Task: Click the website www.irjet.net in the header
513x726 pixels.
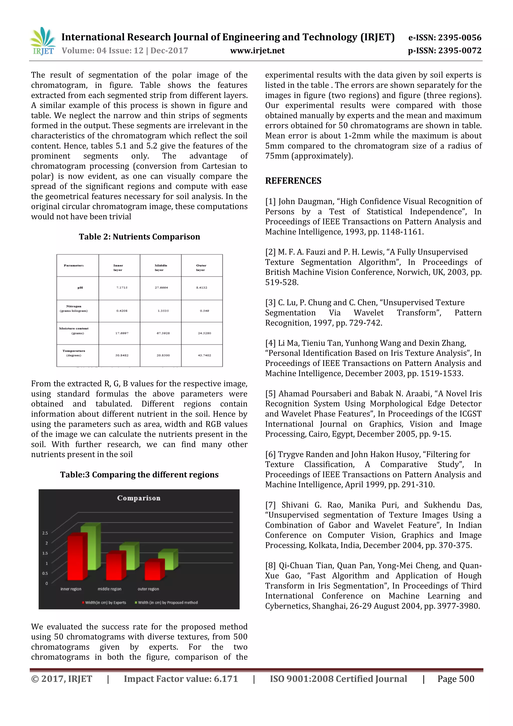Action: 257,51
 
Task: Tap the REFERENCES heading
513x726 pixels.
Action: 293,181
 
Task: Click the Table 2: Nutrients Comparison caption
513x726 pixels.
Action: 139,237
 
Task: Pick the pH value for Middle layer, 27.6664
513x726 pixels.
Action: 161,288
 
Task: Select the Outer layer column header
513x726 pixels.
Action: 201,268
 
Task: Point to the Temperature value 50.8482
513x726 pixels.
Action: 122,355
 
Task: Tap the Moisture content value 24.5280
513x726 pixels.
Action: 204,333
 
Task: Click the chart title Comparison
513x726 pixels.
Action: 139,498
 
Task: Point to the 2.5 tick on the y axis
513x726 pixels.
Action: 45,533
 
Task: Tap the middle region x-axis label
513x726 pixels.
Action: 109,589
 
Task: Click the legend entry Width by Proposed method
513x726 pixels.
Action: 167,603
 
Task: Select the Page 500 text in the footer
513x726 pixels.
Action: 455,679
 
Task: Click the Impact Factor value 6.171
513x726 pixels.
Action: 180,679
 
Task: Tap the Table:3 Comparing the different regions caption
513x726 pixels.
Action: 139,475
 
